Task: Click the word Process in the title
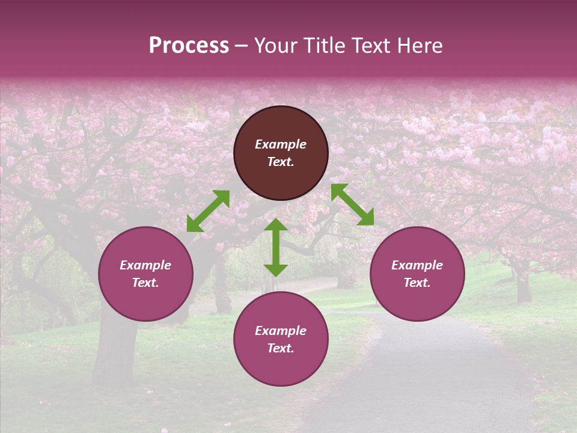tap(189, 46)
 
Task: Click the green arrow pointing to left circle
tap(208, 210)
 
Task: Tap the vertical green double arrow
tap(276, 247)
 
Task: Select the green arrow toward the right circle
tap(352, 204)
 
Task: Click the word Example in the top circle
tap(281, 144)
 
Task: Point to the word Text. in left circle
tap(145, 283)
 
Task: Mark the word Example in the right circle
tap(417, 265)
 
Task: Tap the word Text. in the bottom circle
tap(281, 348)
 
